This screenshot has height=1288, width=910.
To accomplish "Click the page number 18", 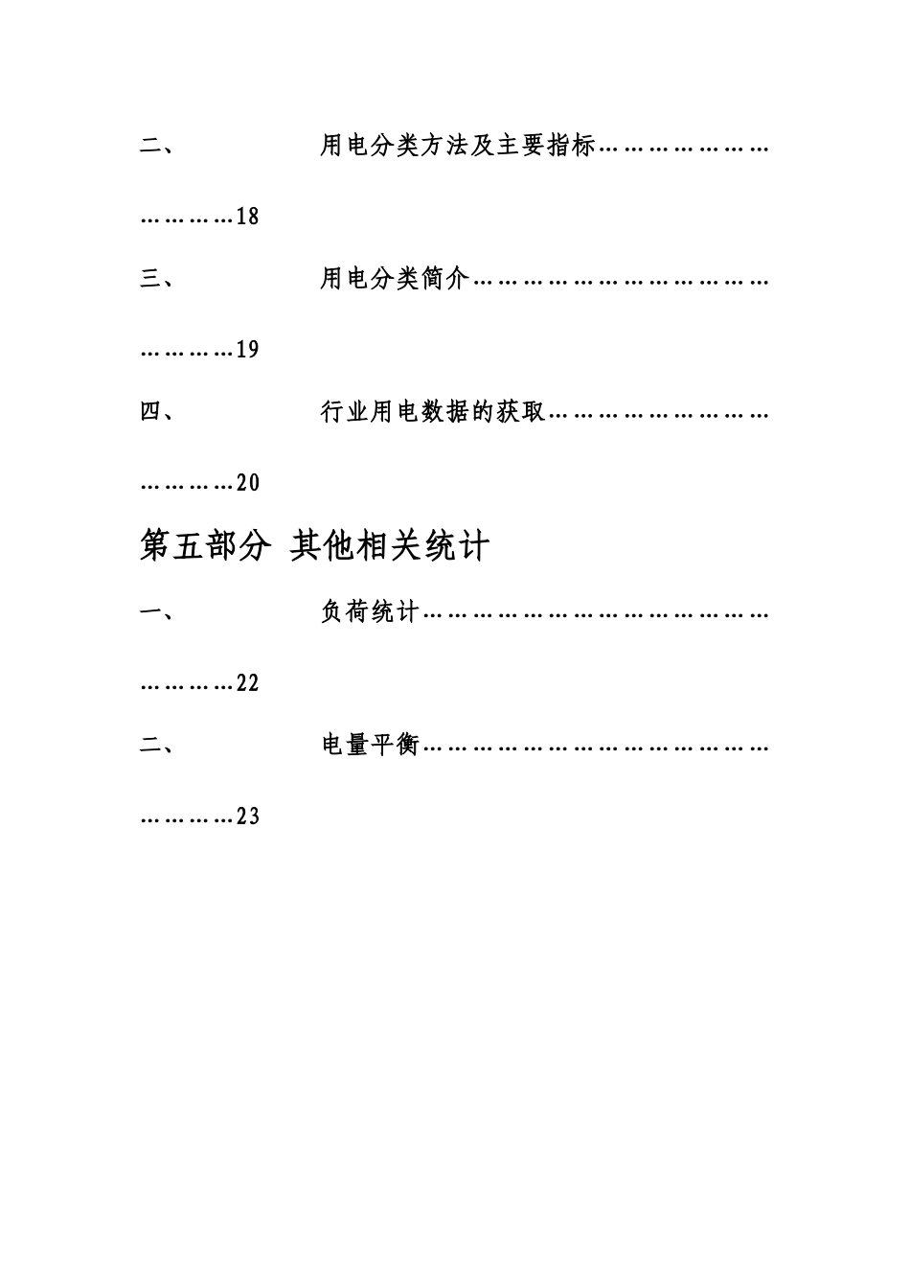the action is (247, 217).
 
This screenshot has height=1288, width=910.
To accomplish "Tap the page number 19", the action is (247, 350).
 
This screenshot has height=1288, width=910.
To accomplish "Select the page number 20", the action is (247, 483).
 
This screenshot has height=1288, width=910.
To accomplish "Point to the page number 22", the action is (247, 683).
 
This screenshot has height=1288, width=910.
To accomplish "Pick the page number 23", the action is (247, 816).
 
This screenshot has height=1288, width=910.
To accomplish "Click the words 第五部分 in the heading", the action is (204, 546).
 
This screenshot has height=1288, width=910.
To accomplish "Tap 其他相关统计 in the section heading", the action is (390, 546).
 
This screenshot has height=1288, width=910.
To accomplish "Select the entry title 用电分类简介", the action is (395, 280).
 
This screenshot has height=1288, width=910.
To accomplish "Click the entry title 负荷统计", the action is (370, 612).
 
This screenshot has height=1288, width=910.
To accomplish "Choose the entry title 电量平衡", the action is (370, 745).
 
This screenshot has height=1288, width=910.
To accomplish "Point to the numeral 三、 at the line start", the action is (156, 280).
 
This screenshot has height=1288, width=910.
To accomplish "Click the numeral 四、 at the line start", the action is (156, 413).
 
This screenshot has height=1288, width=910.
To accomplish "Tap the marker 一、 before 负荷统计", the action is (156, 612).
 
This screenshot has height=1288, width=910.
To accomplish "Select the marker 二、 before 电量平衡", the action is (156, 745).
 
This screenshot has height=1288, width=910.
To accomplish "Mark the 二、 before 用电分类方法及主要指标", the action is (156, 147).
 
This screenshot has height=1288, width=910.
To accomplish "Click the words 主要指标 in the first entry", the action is (545, 147).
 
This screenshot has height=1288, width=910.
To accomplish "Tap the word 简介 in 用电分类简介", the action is (445, 280).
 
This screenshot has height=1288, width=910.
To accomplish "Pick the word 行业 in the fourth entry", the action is (345, 413).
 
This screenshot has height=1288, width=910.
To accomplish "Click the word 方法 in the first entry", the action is (445, 147).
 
